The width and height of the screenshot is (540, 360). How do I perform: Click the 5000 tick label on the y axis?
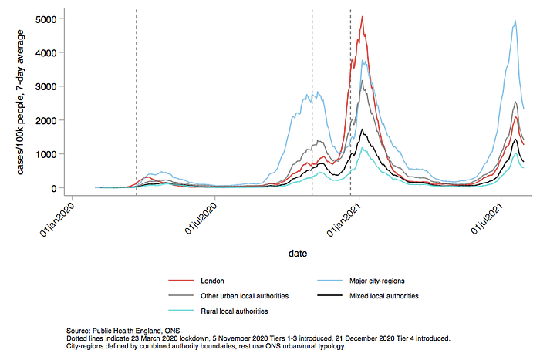point(46,19)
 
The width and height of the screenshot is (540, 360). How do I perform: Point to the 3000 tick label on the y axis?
point(46,87)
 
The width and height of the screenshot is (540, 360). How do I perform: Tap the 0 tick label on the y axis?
point(53,189)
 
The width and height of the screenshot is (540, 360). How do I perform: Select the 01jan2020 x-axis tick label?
point(57,220)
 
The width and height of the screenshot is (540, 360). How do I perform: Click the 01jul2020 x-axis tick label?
point(201,219)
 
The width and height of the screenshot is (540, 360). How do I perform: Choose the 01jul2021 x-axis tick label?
point(487,219)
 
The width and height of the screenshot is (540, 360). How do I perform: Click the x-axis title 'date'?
point(298,254)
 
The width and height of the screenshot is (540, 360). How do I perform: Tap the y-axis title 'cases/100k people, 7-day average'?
point(20,103)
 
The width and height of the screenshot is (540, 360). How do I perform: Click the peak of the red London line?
point(363,16)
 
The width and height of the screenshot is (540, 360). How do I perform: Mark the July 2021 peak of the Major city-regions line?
point(515,21)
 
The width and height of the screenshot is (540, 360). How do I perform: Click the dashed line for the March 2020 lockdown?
point(137,103)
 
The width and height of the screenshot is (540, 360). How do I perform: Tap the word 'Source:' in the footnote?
point(78,331)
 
